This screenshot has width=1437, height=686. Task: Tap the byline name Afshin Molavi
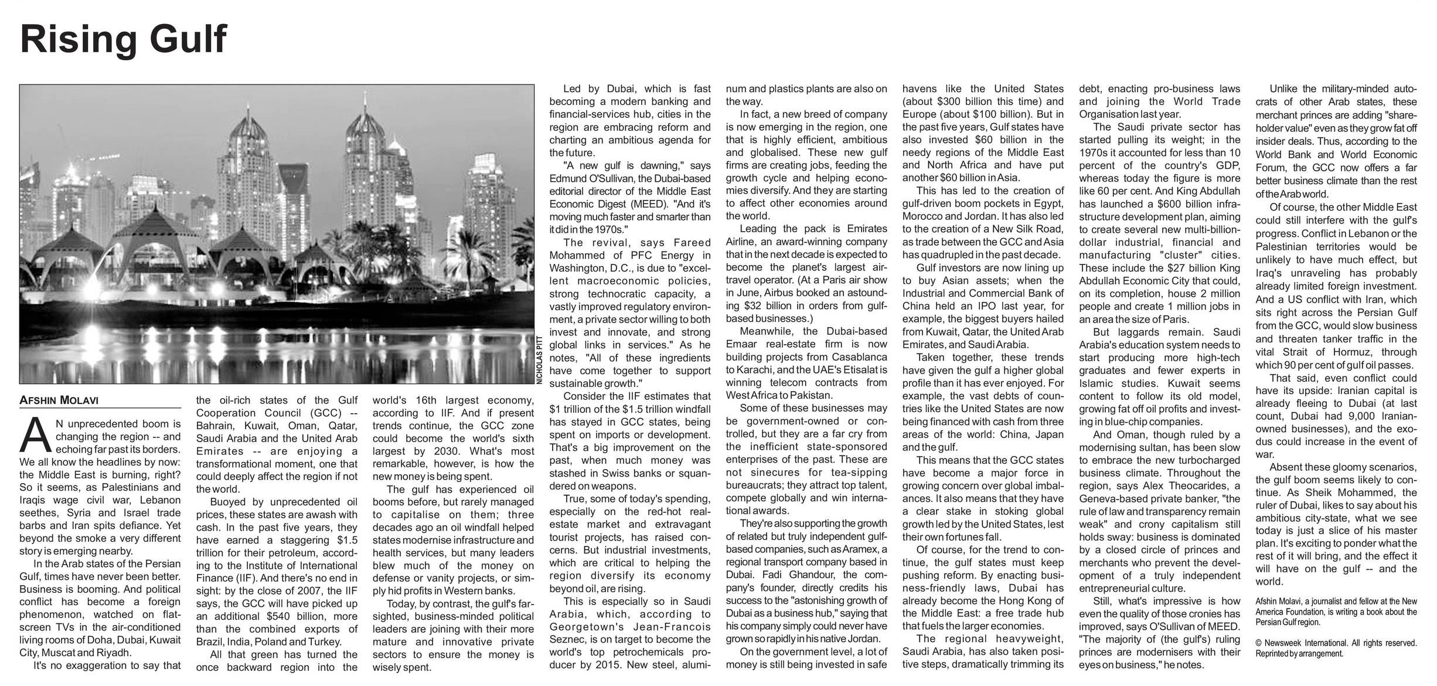tap(59, 400)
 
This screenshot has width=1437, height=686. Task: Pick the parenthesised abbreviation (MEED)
tap(646, 204)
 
